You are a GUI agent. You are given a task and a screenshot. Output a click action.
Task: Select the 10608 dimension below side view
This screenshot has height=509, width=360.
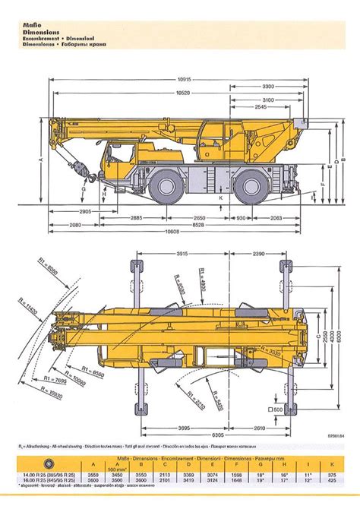coord(178,232)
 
